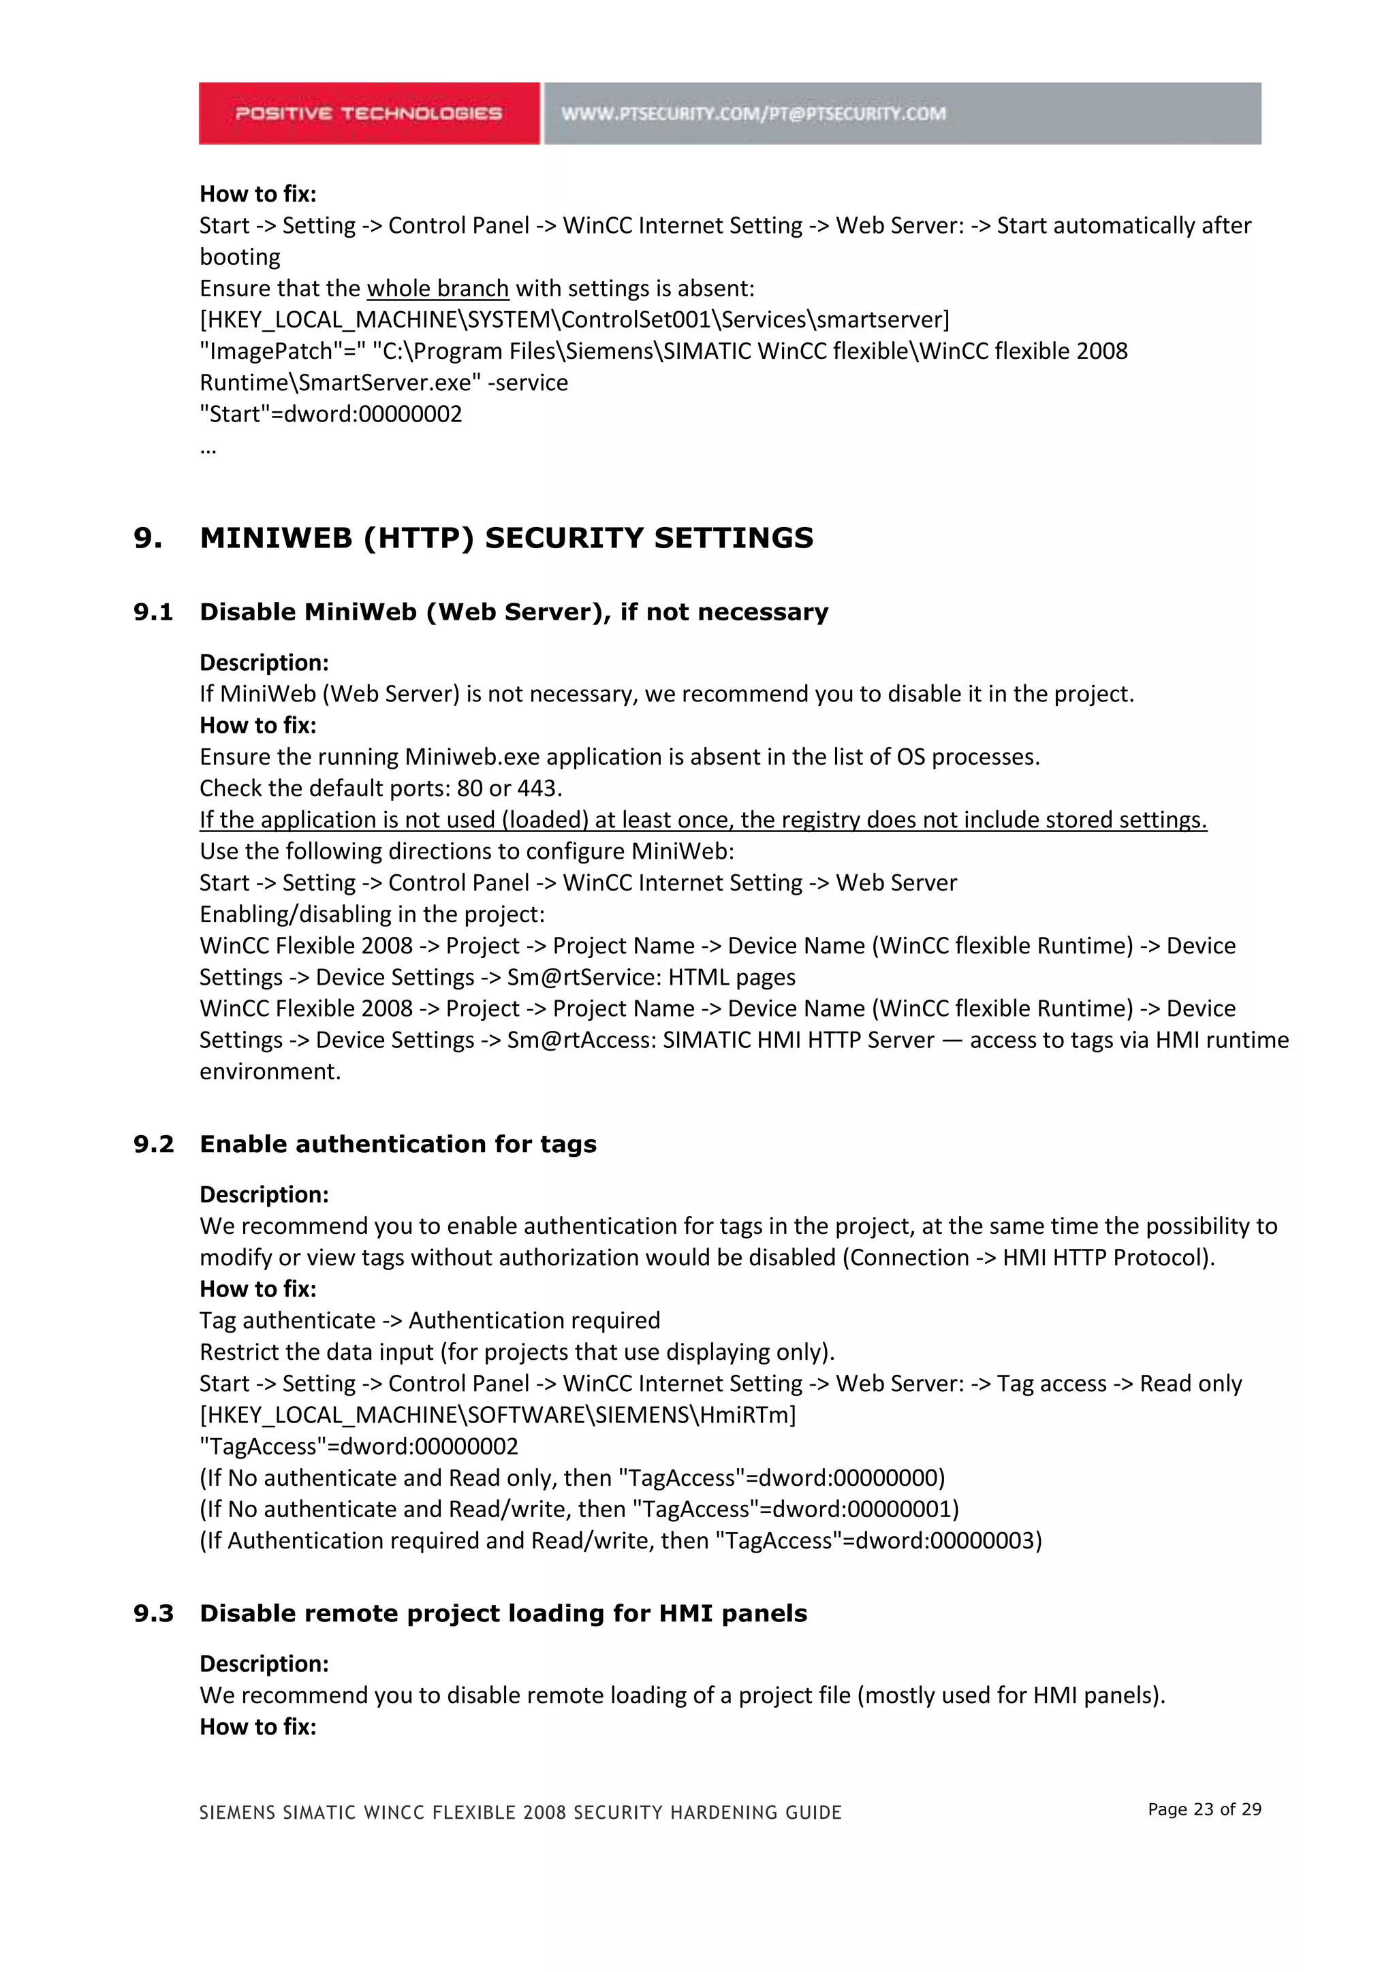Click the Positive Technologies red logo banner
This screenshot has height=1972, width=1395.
point(369,113)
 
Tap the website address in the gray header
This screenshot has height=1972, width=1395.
point(753,113)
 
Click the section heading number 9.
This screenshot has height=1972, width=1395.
point(147,538)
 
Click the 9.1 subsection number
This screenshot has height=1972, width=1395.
point(153,611)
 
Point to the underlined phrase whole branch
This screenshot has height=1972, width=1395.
point(437,289)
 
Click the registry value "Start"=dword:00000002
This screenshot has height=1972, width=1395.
point(331,414)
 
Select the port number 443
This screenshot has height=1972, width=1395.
point(537,788)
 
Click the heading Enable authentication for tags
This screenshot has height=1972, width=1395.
point(398,1144)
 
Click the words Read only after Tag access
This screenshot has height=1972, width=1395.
point(1191,1383)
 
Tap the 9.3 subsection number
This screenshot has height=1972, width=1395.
point(153,1613)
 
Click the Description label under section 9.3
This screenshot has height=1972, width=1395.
point(264,1664)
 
